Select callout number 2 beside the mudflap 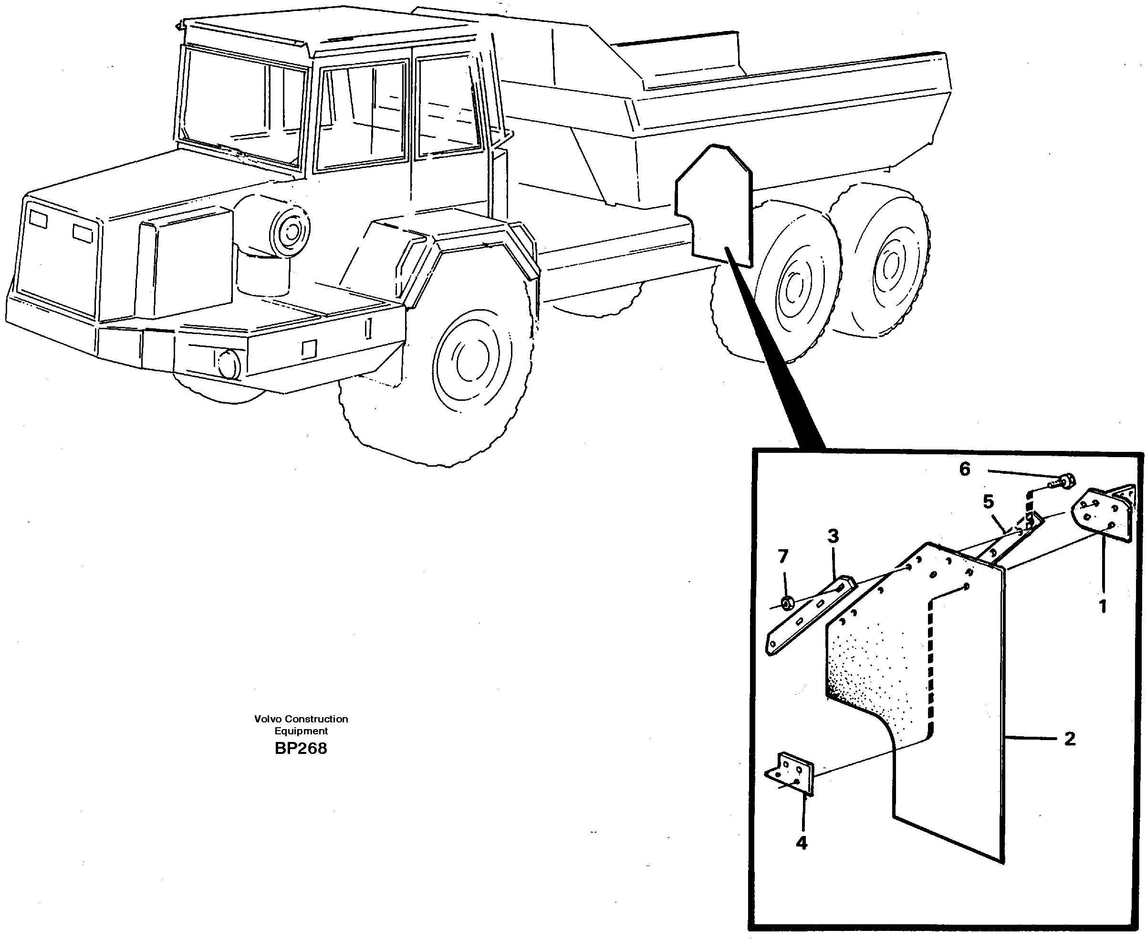pos(1070,739)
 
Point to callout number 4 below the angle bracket pos(802,843)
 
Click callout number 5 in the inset pos(989,502)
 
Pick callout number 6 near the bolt pos(965,469)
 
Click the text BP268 pos(301,748)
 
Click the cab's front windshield pos(241,105)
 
